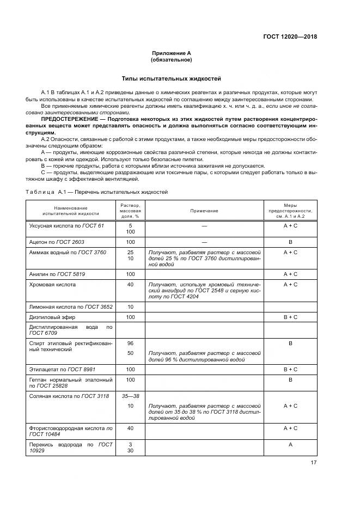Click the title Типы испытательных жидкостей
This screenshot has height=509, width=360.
pos(171,79)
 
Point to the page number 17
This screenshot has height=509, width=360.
pos(313,463)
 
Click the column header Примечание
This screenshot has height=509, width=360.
pos(204,211)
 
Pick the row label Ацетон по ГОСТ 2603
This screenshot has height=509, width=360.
pos(57,241)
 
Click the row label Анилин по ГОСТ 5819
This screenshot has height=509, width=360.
pos(57,274)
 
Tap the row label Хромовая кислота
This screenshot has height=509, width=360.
pos(52,285)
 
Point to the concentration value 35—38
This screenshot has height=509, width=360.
pos(130,396)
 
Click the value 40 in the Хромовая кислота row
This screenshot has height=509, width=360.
pos(130,285)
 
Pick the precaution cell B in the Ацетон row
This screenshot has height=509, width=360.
pos(290,241)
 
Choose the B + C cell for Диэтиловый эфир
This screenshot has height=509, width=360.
pos(290,317)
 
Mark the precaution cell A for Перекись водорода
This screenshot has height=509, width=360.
pos(290,445)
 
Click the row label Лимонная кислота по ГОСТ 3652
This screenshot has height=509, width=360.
pos(71,306)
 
